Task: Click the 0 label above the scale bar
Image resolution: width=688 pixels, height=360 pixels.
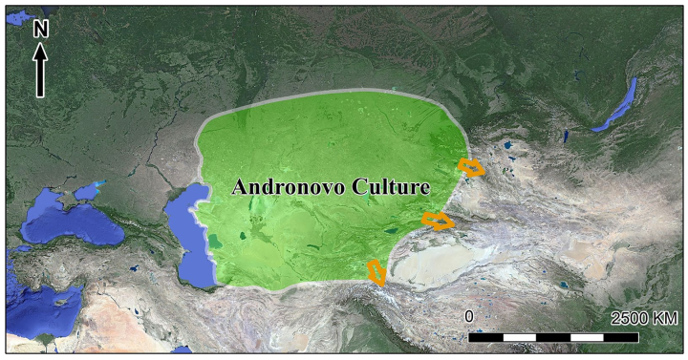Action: pos(469,316)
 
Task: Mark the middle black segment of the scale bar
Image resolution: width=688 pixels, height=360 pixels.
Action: pos(553,336)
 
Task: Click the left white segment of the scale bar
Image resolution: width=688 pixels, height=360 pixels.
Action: pos(520,336)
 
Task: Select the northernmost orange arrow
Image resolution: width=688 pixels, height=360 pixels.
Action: pos(471,168)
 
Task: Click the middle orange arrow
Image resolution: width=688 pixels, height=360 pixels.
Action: pos(438,222)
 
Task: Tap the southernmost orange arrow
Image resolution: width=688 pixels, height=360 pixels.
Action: pos(377,273)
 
